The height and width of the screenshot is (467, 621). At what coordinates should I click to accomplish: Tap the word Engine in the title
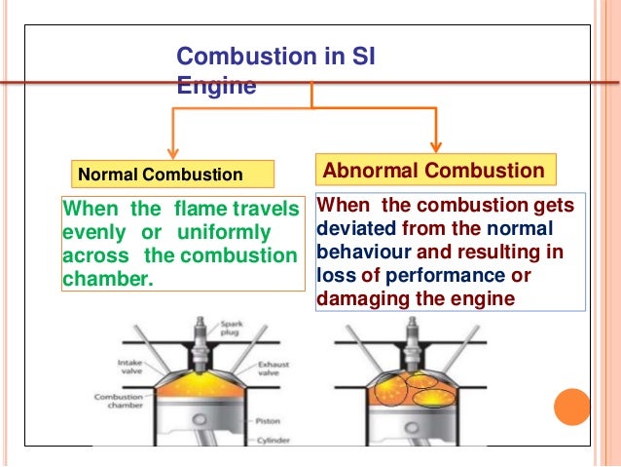point(216,85)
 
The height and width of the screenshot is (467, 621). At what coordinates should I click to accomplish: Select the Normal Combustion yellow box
point(172,174)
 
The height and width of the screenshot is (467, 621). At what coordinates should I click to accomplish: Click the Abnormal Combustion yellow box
point(436,170)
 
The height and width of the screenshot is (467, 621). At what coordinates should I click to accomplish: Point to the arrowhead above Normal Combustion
point(172,153)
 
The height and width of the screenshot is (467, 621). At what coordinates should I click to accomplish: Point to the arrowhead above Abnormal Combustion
point(436,147)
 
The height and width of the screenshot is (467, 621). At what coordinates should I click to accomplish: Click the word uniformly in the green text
point(224,232)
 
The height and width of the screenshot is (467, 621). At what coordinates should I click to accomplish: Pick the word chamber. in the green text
point(108,279)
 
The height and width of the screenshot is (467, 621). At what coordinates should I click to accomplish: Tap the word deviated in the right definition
point(356,228)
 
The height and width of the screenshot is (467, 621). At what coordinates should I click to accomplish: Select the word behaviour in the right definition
point(364,252)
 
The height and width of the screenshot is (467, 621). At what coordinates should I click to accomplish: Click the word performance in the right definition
point(445,276)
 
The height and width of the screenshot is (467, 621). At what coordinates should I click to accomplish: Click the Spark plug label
point(232,328)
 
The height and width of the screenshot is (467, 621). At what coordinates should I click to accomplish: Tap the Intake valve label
point(130,367)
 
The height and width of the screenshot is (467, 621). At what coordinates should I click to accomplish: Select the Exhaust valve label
point(274,369)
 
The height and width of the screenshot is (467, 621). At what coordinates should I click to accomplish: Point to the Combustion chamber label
point(119,401)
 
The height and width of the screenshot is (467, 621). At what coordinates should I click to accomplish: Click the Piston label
point(268,421)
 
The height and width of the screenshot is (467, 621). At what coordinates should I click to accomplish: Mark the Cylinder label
point(274,441)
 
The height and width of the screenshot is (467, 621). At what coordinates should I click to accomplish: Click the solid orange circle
point(572,407)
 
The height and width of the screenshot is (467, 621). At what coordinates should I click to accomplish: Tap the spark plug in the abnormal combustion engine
point(413,345)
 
